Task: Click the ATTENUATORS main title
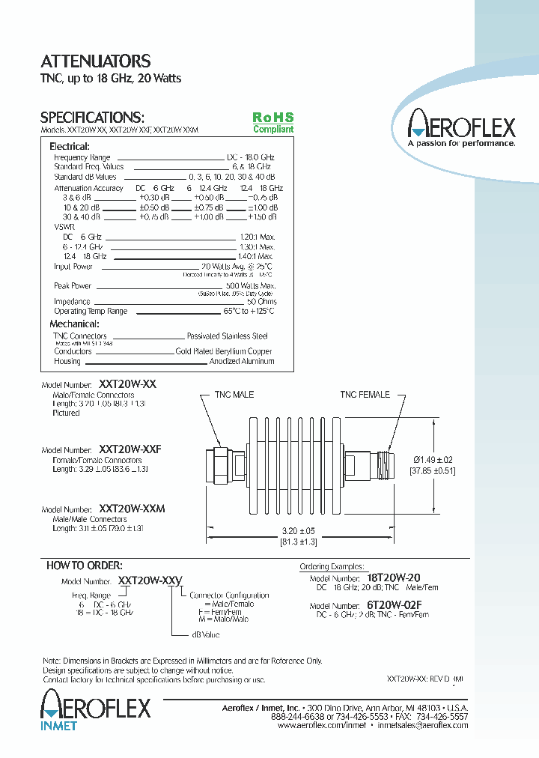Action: pos(95,61)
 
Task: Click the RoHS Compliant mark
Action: pos(272,123)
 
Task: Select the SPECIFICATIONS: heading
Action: pos(91,118)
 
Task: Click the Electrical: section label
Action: pos(69,147)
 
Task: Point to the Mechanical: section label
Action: pos(74,324)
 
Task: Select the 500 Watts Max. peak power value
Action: pos(251,285)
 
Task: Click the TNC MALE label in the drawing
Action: pos(234,395)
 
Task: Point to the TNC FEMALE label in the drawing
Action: pos(365,395)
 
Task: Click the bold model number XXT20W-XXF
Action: pos(130,449)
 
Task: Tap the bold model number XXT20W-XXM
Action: pos(132,509)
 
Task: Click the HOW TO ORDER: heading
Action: pos(85,566)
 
